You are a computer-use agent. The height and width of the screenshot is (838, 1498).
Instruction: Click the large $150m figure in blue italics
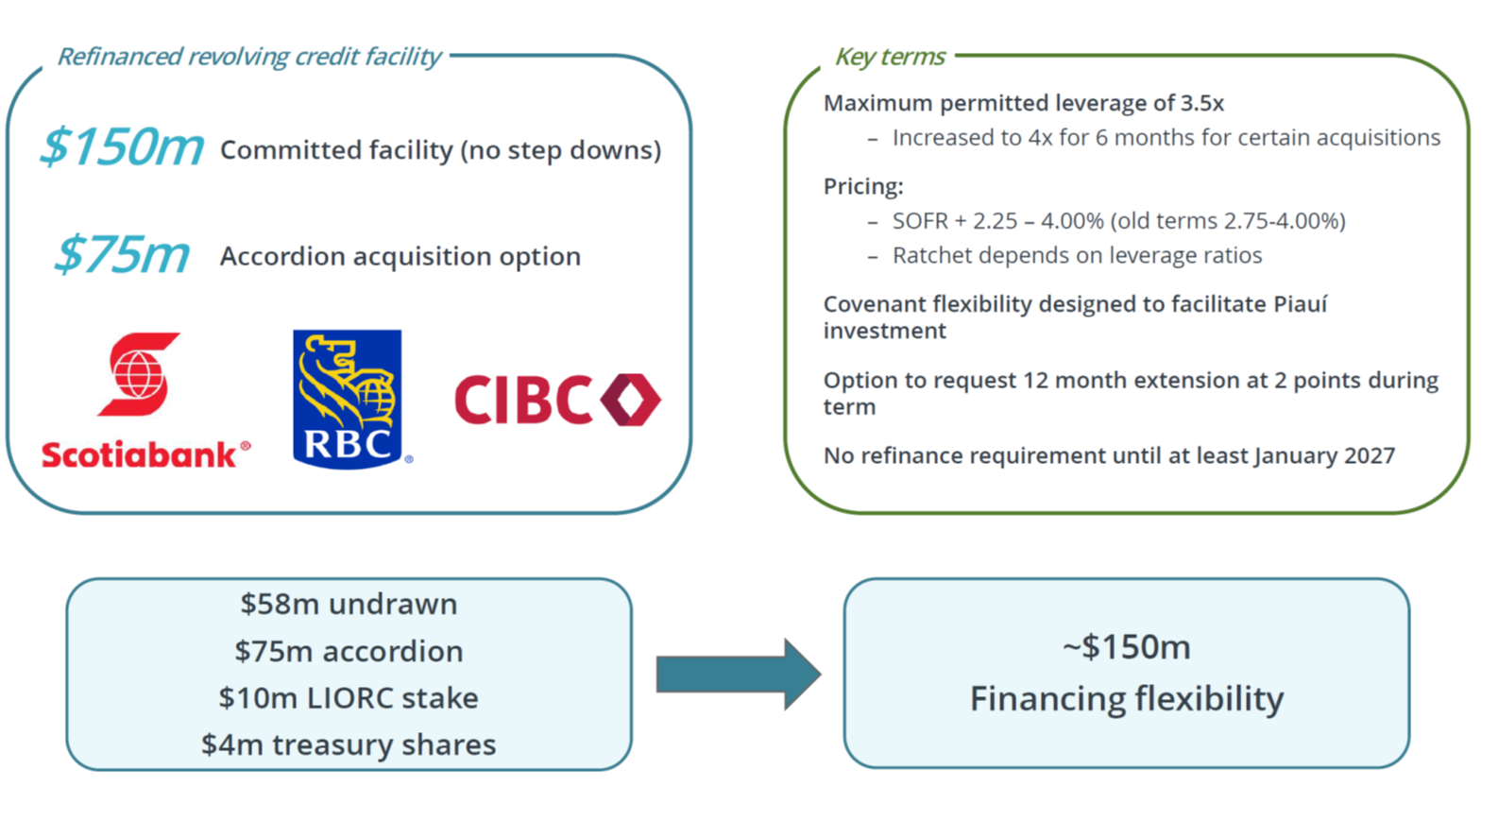123,146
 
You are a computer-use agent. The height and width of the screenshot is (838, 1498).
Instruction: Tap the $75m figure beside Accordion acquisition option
123,255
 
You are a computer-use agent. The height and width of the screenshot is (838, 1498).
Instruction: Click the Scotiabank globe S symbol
139,374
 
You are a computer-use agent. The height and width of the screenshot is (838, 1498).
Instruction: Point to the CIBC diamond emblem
631,400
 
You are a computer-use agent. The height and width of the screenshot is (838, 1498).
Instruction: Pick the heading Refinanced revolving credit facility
248,57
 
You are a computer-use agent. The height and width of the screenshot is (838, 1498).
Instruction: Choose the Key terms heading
890,57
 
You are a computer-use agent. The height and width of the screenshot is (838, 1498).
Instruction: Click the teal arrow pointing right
739,675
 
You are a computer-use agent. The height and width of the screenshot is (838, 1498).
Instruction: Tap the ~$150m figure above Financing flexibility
1127,647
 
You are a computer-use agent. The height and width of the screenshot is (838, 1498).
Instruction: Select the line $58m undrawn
349,604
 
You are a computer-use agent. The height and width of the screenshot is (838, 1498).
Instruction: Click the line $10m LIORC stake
349,697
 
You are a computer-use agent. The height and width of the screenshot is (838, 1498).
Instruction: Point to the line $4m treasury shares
349,744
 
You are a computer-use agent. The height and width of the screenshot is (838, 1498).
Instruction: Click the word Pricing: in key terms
863,186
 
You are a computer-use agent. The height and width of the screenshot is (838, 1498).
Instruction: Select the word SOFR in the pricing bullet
920,221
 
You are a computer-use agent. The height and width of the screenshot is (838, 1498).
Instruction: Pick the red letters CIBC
523,400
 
